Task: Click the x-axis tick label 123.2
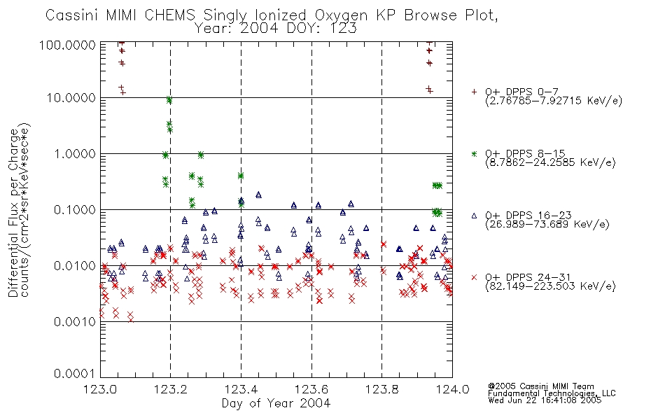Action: click(171, 389)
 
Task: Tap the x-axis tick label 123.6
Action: click(311, 389)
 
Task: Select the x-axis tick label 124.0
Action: click(452, 389)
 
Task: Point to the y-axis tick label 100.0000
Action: click(67, 45)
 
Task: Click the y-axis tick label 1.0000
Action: click(75, 153)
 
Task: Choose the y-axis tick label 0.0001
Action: click(75, 374)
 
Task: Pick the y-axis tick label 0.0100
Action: click(75, 266)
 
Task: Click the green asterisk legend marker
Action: click(474, 153)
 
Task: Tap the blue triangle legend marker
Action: click(474, 216)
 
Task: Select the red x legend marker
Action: click(474, 277)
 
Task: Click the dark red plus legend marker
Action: click(474, 92)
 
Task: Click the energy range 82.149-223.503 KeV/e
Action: click(550, 286)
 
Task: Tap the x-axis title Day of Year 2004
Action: click(276, 403)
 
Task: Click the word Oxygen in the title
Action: click(341, 15)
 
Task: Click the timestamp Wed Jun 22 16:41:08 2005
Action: click(545, 400)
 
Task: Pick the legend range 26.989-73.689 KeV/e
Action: click(547, 225)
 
